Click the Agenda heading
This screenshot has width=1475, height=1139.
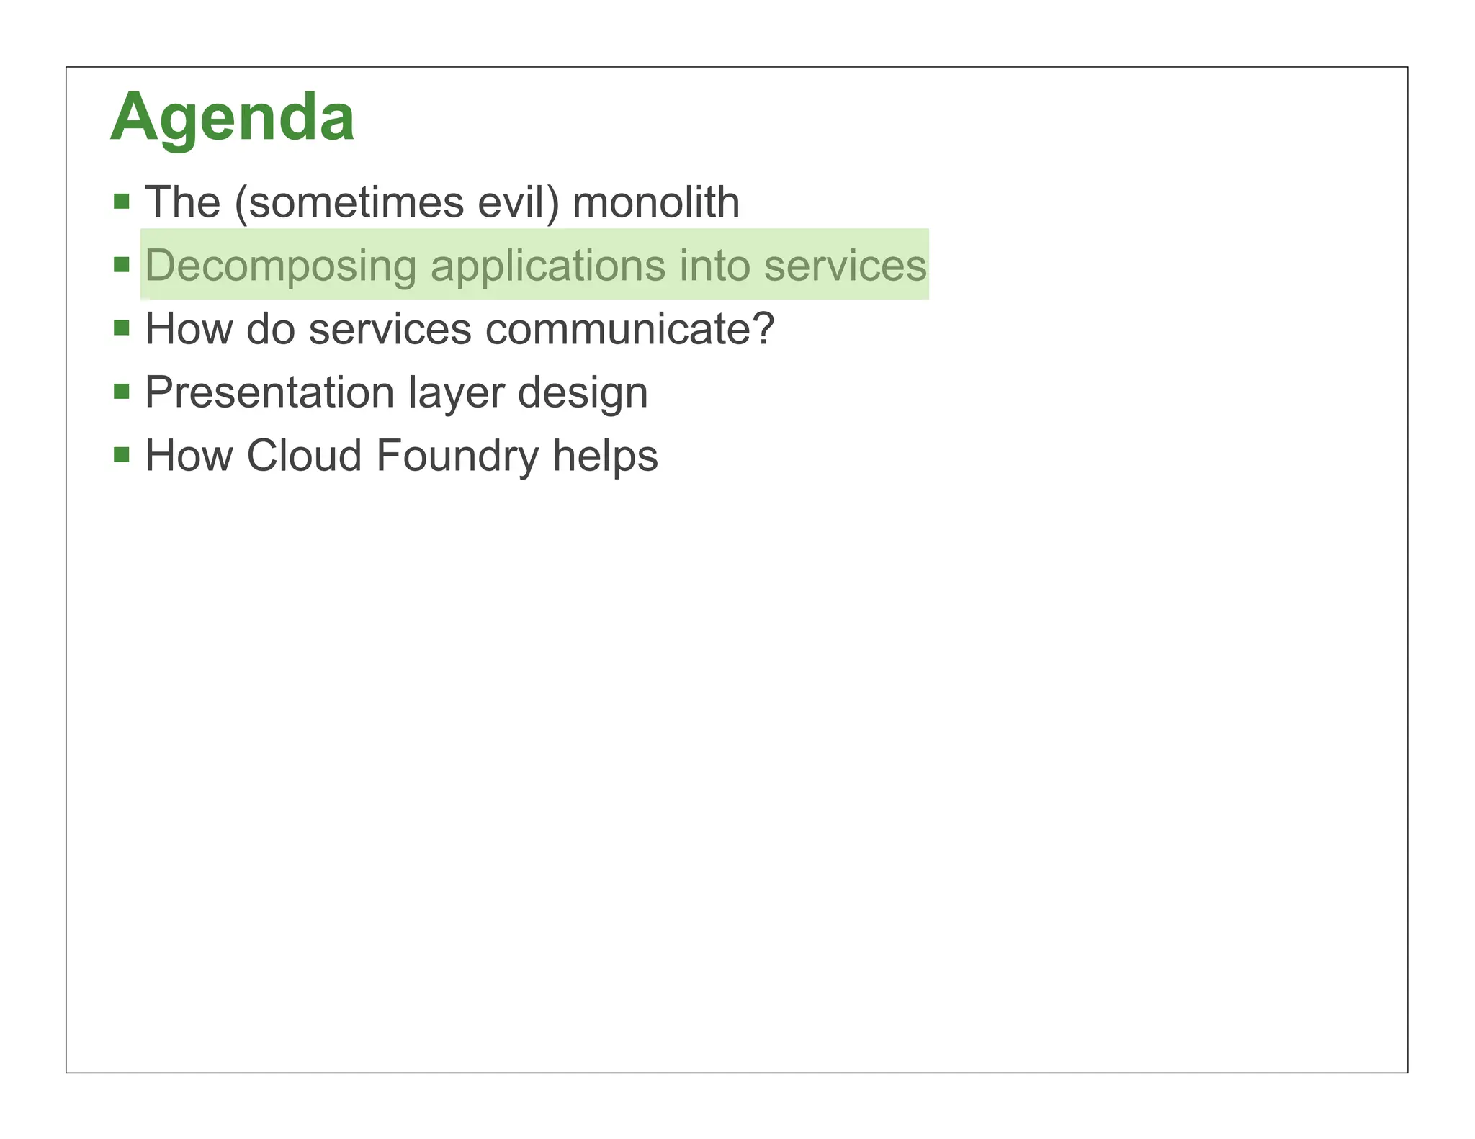pos(232,117)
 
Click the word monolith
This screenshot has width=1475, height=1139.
pos(655,202)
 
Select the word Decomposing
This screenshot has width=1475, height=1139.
pos(281,266)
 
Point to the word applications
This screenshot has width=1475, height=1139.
pos(547,266)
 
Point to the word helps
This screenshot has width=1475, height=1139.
pos(605,456)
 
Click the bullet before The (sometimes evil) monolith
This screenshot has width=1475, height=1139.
pos(122,201)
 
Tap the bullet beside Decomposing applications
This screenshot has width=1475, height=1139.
pos(122,265)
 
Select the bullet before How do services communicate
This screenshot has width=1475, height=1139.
pos(122,328)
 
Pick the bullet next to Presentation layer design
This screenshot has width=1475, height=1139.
pos(122,392)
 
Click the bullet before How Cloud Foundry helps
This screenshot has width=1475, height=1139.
pos(122,455)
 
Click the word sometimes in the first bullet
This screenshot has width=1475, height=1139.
pos(356,202)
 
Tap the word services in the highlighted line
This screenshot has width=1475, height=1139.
pos(845,266)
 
